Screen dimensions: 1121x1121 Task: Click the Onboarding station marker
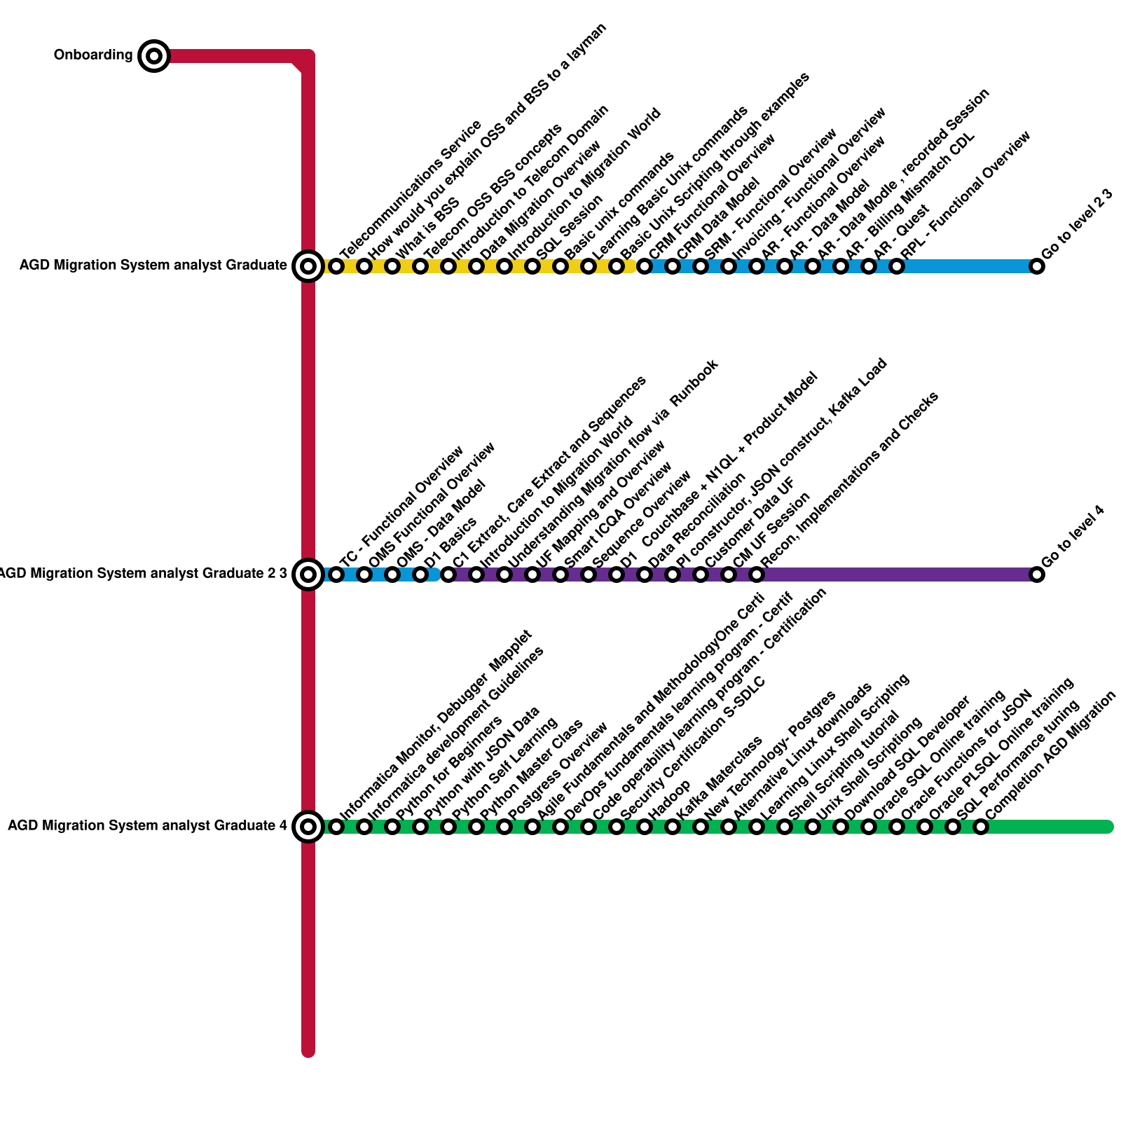(x=154, y=56)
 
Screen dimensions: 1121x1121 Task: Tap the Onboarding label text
(x=93, y=55)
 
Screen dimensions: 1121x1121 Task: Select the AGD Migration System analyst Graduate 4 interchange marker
(x=308, y=827)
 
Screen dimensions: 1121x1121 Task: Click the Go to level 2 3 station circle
(x=1037, y=266)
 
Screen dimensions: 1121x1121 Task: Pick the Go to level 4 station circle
(x=1037, y=575)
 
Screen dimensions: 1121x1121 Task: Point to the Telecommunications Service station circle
(x=336, y=266)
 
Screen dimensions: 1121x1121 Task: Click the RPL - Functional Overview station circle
(x=897, y=266)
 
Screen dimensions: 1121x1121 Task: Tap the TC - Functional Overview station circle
(x=336, y=575)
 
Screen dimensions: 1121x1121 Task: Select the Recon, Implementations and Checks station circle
(x=757, y=575)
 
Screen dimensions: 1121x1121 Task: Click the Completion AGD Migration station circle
(x=981, y=827)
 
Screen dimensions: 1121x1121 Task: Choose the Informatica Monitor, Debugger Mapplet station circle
(x=336, y=827)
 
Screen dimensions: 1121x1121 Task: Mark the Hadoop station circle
(x=645, y=827)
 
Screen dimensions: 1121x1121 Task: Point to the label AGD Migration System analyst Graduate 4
(x=147, y=826)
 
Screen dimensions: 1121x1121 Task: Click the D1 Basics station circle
(x=420, y=575)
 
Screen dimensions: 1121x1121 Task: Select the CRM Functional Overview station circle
(x=645, y=266)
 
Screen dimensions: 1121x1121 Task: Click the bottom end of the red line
(x=308, y=1051)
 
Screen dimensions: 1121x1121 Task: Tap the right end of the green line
(x=1108, y=827)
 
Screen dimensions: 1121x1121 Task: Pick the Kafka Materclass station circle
(x=673, y=827)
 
